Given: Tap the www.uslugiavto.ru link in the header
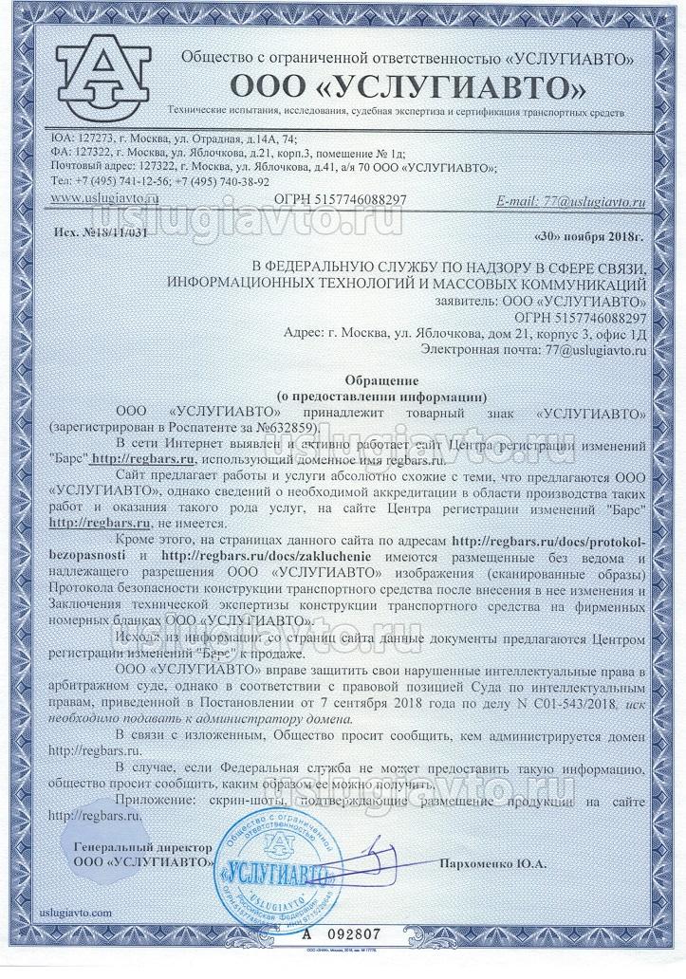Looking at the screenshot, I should click(103, 198).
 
